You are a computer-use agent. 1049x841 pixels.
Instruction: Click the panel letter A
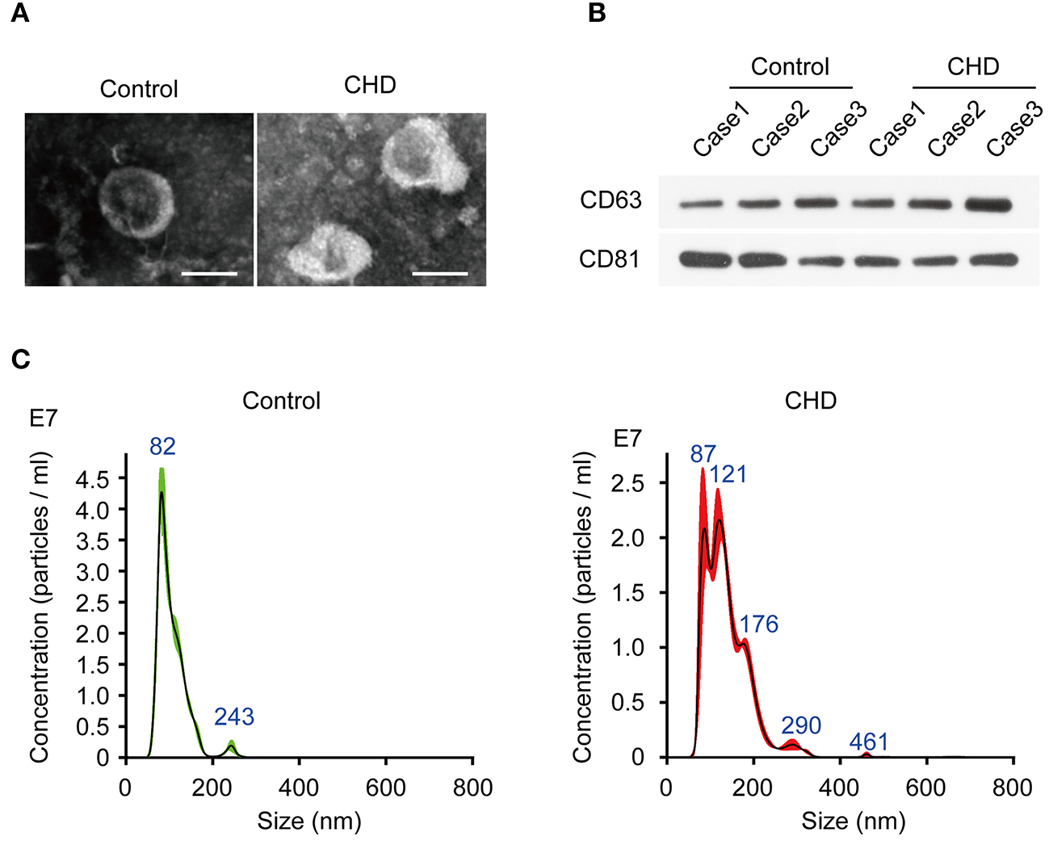pyautogui.click(x=20, y=14)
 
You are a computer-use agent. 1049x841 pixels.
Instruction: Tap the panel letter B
pyautogui.click(x=597, y=14)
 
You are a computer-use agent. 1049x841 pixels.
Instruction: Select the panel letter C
pyautogui.click(x=21, y=358)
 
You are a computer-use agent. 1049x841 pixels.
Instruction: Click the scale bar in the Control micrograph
pyautogui.click(x=209, y=274)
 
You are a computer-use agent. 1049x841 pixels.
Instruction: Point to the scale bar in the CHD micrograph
pyautogui.click(x=440, y=274)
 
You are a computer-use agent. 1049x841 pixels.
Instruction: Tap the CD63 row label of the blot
pyautogui.click(x=611, y=200)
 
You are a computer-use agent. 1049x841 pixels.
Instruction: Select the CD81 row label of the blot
pyautogui.click(x=610, y=259)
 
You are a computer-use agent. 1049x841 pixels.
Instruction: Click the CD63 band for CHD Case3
pyautogui.click(x=988, y=204)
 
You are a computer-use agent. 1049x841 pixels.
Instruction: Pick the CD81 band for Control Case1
pyautogui.click(x=705, y=259)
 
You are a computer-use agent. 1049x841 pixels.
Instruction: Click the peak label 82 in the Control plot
pyautogui.click(x=162, y=447)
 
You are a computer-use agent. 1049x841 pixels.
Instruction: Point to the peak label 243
pyautogui.click(x=234, y=717)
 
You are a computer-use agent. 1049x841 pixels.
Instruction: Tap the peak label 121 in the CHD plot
pyautogui.click(x=728, y=474)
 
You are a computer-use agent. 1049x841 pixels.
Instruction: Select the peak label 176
pyautogui.click(x=759, y=624)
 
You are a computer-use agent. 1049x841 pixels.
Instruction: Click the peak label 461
pyautogui.click(x=869, y=742)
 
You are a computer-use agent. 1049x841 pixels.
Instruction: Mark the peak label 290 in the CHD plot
pyautogui.click(x=801, y=725)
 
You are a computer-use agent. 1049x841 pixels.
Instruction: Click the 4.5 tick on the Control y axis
pyautogui.click(x=92, y=480)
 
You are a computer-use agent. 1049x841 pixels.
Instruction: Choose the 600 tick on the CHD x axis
pyautogui.click(x=925, y=787)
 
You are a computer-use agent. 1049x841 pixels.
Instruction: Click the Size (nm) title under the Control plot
pyautogui.click(x=309, y=822)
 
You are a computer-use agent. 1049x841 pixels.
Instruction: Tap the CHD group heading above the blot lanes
pyautogui.click(x=973, y=66)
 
